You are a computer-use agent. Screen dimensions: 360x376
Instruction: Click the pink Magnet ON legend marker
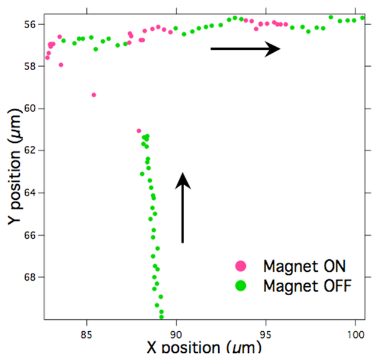coord(240,265)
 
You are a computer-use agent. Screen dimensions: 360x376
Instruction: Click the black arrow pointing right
coord(245,49)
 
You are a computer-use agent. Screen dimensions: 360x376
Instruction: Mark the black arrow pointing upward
coord(183,207)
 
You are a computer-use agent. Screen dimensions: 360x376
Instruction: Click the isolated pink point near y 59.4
coord(94,95)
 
